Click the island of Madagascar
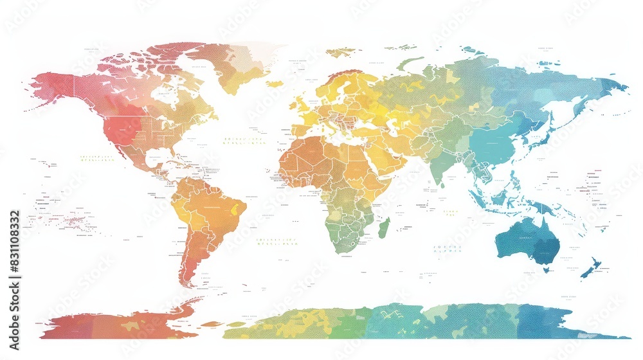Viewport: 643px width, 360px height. point(384,228)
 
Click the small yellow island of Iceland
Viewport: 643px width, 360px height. point(275,84)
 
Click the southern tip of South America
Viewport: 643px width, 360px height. point(188,283)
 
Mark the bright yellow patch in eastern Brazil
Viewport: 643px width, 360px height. point(240,208)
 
